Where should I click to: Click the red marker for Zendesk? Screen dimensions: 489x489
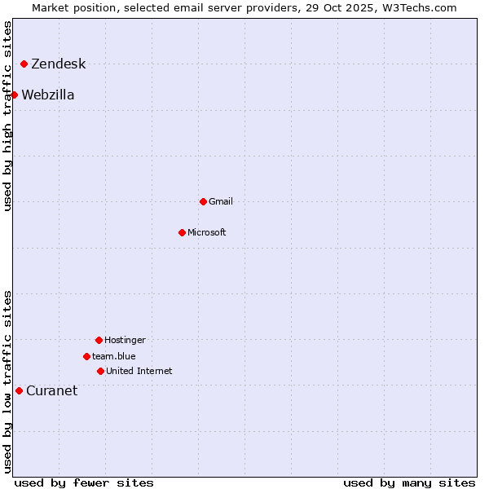coord(24,64)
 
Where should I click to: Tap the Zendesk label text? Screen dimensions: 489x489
coord(58,64)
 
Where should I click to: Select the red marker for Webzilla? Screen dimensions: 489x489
coord(14,95)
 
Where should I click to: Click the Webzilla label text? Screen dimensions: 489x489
coord(47,95)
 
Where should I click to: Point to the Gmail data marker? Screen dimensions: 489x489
coord(203,201)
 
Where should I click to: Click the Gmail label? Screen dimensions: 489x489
coord(220,202)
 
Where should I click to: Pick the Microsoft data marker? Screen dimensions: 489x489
coord(182,232)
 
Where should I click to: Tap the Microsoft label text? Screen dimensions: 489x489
coord(206,233)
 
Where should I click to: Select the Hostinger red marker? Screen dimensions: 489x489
coord(99,340)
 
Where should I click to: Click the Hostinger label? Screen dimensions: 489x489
coord(125,341)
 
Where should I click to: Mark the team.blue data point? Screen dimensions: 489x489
coord(86,356)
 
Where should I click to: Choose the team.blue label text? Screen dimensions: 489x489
coord(113,357)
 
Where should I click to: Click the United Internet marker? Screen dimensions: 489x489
coord(100,371)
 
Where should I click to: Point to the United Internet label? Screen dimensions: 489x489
coord(139,372)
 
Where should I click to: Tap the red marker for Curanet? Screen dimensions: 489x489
coord(19,390)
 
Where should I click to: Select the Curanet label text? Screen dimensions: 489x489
coord(51,391)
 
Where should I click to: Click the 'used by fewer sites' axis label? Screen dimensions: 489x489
coord(84,482)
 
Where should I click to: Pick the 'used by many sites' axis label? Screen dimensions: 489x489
coord(409,482)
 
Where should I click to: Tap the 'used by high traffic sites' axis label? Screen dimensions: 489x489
coord(8,116)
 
